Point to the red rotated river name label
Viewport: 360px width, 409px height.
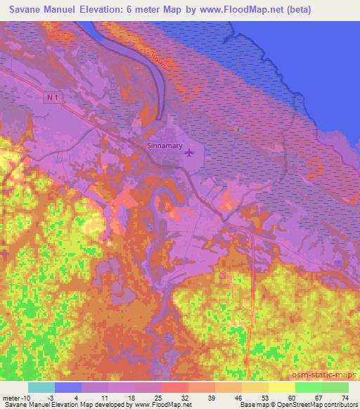tap(160, 61)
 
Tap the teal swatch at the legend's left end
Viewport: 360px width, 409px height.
tap(41, 387)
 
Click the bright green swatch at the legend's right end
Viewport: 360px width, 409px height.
tap(335, 387)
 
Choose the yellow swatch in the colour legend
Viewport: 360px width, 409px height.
tap(281, 387)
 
